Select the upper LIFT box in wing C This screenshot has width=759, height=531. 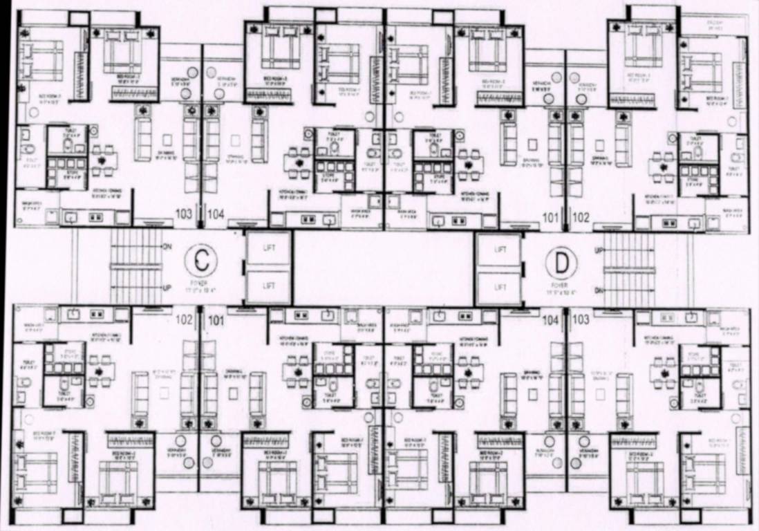(x=268, y=247)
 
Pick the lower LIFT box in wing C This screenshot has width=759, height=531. (x=268, y=284)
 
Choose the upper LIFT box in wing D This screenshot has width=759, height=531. (x=499, y=248)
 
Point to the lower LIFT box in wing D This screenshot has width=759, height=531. (x=499, y=285)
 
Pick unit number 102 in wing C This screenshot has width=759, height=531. (x=185, y=320)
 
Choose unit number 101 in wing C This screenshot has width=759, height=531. (x=217, y=320)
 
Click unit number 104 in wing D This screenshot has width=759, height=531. (x=551, y=321)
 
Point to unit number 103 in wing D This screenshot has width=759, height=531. (x=582, y=321)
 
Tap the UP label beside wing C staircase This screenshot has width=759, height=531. (x=167, y=288)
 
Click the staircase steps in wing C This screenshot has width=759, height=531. (x=135, y=267)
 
